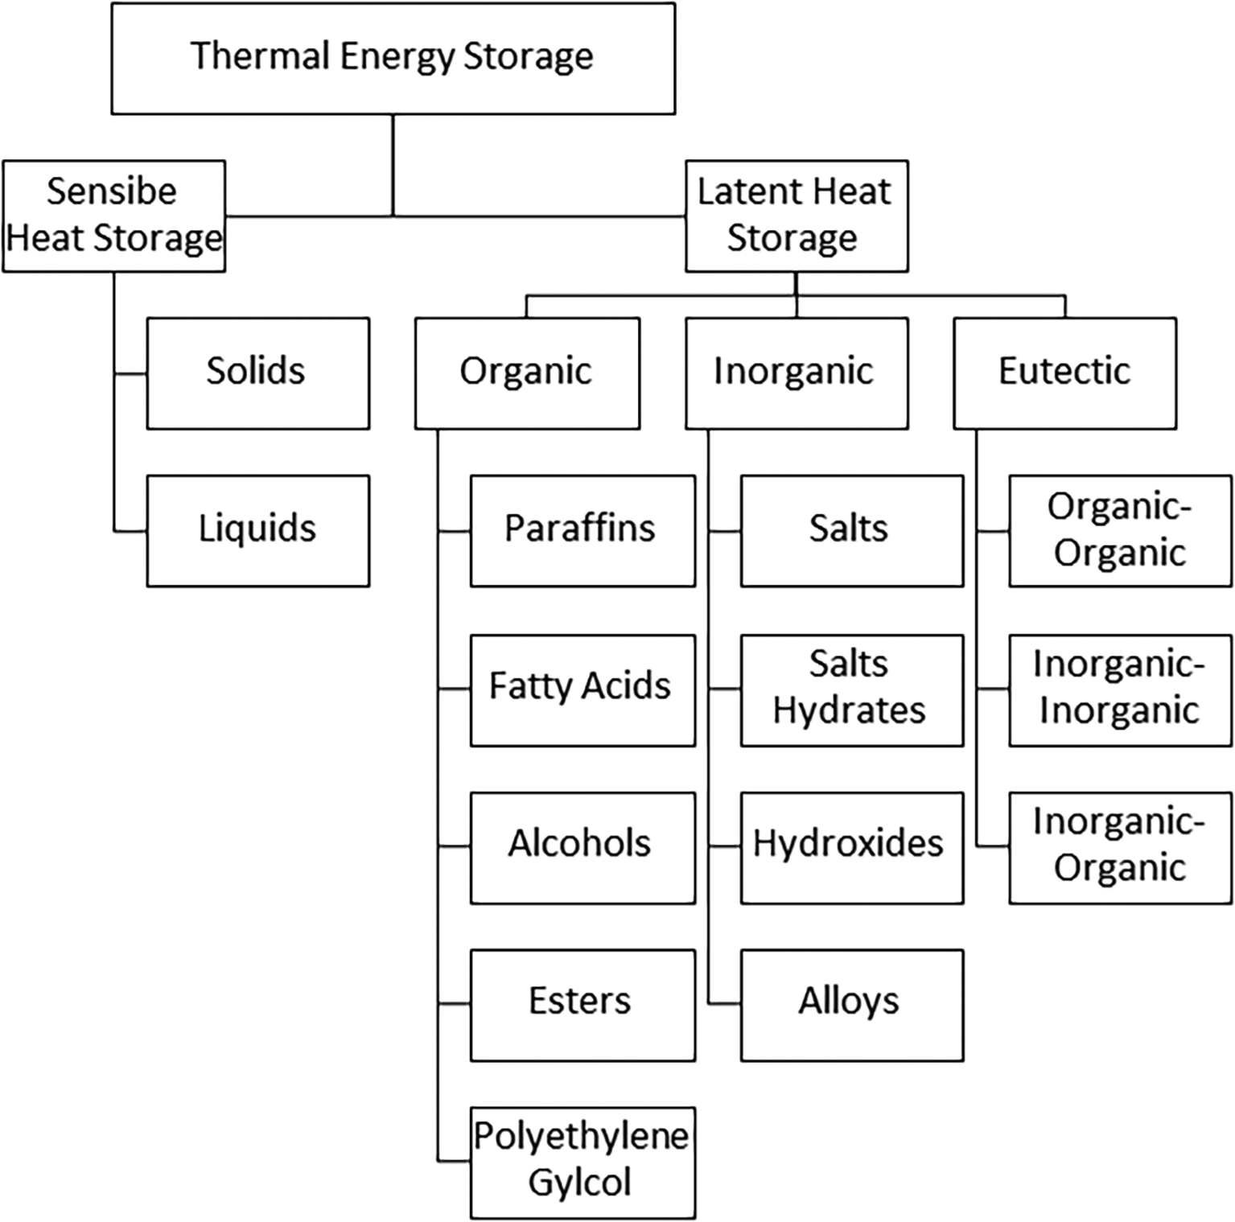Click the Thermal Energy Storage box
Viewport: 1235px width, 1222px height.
point(393,58)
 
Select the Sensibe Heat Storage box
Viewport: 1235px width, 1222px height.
point(113,216)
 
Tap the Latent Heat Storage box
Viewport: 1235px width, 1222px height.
point(796,216)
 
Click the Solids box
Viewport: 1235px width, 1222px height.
point(257,372)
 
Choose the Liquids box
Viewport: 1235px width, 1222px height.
point(257,530)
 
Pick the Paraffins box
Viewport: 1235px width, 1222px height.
point(582,530)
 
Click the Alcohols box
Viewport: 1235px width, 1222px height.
point(582,847)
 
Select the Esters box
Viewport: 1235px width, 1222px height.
point(582,1004)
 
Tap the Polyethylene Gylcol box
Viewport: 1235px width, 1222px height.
point(582,1162)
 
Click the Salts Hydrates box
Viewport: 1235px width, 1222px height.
point(851,689)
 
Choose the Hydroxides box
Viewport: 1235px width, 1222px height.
point(851,847)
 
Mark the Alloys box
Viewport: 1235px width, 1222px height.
point(851,1004)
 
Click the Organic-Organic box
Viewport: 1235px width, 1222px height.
point(1120,530)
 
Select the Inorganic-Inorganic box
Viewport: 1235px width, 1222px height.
point(1120,689)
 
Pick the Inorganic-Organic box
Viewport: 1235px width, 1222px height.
point(1120,847)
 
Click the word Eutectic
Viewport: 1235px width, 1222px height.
point(1064,371)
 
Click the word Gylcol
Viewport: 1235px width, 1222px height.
point(579,1183)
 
